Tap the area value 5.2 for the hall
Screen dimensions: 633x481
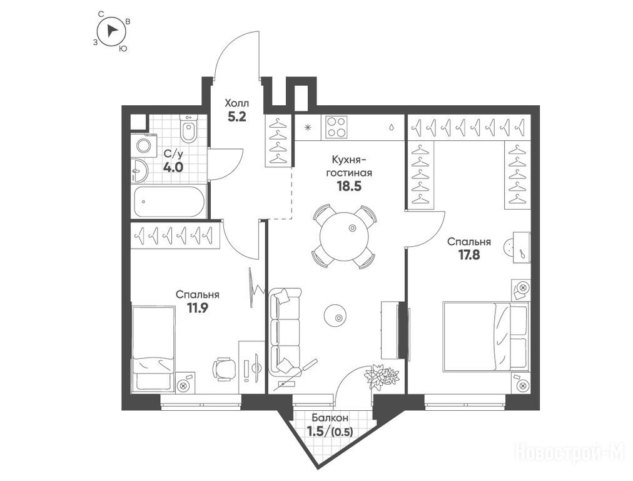(x=237, y=117)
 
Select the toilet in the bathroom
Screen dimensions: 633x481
(x=188, y=128)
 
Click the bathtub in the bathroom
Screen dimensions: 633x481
(x=169, y=201)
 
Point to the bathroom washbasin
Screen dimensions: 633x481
(x=139, y=171)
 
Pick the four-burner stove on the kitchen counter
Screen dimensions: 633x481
(x=337, y=127)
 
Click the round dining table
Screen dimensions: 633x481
(x=344, y=237)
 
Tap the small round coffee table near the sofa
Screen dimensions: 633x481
(x=337, y=316)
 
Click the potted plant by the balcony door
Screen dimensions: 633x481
(x=381, y=376)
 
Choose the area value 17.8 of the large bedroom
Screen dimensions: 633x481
(x=469, y=255)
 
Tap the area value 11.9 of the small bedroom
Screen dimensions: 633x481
(x=198, y=308)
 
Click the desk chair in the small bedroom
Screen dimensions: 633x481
(x=225, y=368)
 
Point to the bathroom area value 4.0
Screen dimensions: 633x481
(x=173, y=167)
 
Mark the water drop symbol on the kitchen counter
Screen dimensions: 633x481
(x=391, y=127)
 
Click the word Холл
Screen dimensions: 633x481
(x=237, y=103)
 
